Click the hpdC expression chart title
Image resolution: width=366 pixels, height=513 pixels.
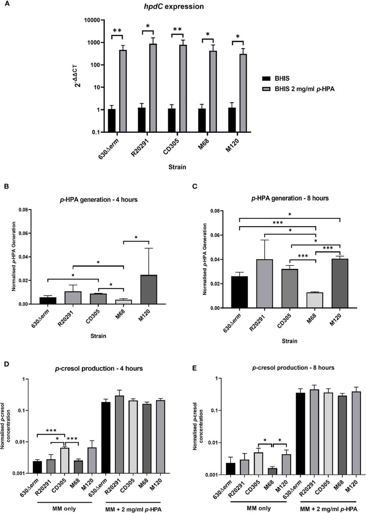pyautogui.click(x=174, y=6)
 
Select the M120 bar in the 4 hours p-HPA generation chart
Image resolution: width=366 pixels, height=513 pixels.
pyautogui.click(x=149, y=289)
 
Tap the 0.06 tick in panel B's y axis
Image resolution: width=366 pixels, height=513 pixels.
pyautogui.click(x=23, y=233)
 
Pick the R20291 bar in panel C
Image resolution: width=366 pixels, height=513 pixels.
pyautogui.click(x=264, y=284)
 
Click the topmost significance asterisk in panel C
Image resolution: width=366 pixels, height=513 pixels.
pyautogui.click(x=289, y=214)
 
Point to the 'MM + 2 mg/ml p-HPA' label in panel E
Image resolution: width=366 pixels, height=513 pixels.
pyautogui.click(x=328, y=509)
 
